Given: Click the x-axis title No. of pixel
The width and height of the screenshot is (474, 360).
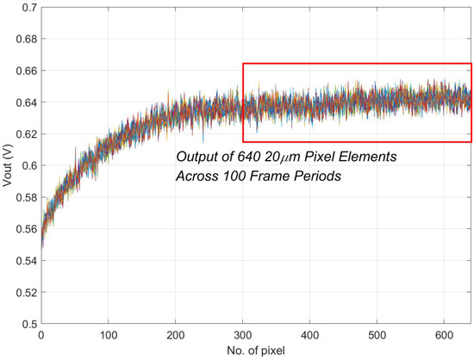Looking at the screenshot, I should pos(256,351).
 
